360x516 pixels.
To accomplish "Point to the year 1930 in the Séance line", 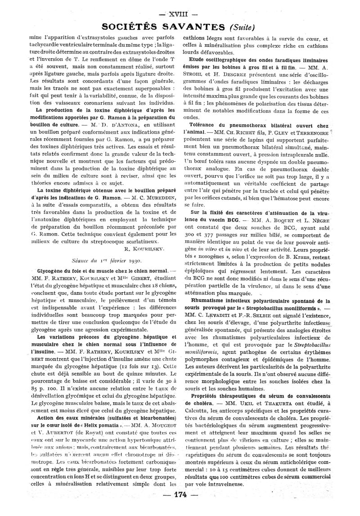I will [131, 260].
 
